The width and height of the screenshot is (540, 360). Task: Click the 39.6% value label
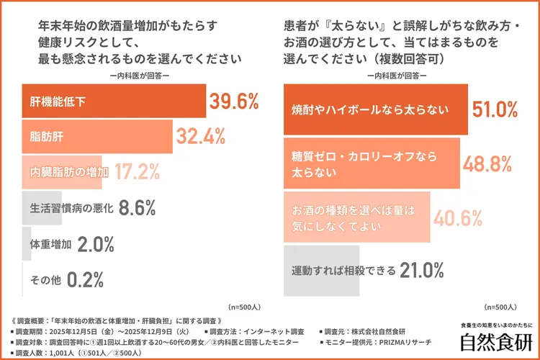[233, 102]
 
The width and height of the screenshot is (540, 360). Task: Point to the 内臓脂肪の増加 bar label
[69, 172]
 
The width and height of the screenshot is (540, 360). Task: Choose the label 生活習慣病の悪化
[70, 208]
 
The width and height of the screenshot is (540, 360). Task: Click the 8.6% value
[137, 208]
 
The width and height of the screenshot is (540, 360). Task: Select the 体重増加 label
[50, 243]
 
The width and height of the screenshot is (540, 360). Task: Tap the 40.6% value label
[456, 217]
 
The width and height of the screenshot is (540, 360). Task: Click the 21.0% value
[421, 271]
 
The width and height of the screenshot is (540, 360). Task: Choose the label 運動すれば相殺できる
[343, 271]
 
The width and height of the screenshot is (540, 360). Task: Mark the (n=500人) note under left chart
[246, 305]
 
